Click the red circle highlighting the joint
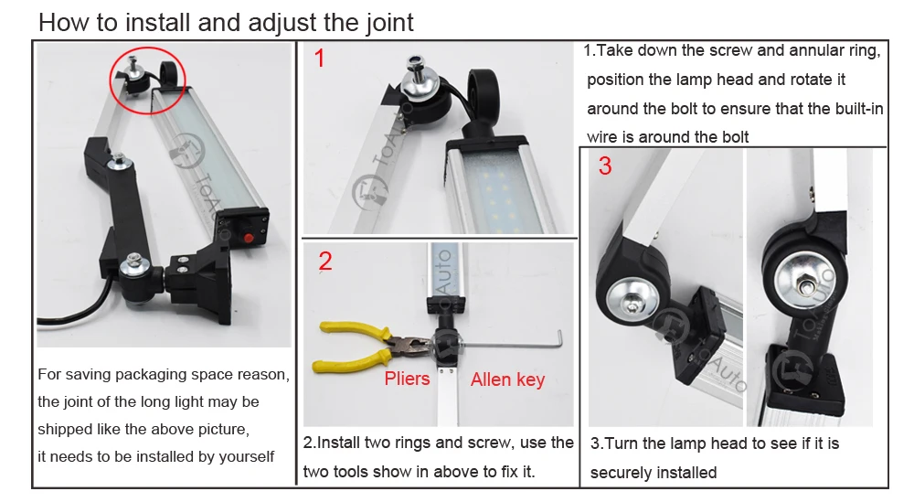(111, 81)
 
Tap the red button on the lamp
(248, 238)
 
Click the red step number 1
(319, 59)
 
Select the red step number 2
(325, 262)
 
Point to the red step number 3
(605, 166)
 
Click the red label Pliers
(407, 379)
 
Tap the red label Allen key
(507, 379)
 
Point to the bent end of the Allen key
(560, 338)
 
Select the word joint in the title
(390, 24)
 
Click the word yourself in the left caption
(246, 457)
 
